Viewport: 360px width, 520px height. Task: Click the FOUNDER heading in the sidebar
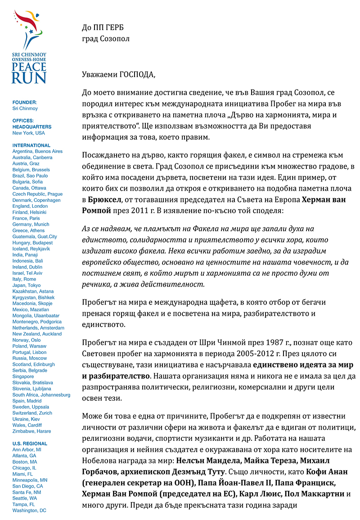pos(24,103)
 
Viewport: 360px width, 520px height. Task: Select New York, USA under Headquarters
pos(29,133)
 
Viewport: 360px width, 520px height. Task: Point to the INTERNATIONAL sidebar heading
pos(31,145)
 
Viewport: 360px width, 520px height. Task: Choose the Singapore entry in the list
pos(23,377)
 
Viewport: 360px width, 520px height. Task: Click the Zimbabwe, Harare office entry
pos(31,431)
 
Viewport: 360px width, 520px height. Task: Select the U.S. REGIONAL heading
pos(30,444)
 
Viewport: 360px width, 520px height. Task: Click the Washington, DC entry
pos(29,511)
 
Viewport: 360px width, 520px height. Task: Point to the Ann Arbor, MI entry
pos(27,449)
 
